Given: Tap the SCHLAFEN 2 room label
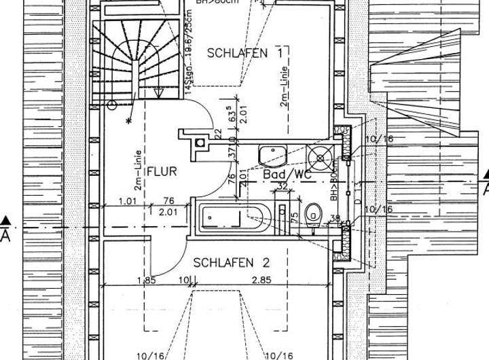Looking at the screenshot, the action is [223, 262].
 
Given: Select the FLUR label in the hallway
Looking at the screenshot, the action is [162, 171].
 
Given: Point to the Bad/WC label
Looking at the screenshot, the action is [287, 175].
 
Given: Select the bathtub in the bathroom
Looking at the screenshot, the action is [229, 217].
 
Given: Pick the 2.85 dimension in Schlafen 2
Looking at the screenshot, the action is [262, 280].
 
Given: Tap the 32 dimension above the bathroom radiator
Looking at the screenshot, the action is [283, 185].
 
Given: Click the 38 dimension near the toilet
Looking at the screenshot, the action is [335, 218].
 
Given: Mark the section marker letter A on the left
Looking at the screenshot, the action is [6, 235].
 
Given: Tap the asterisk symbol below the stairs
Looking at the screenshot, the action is [129, 121].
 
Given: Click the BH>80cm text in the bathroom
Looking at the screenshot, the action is [334, 183].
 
